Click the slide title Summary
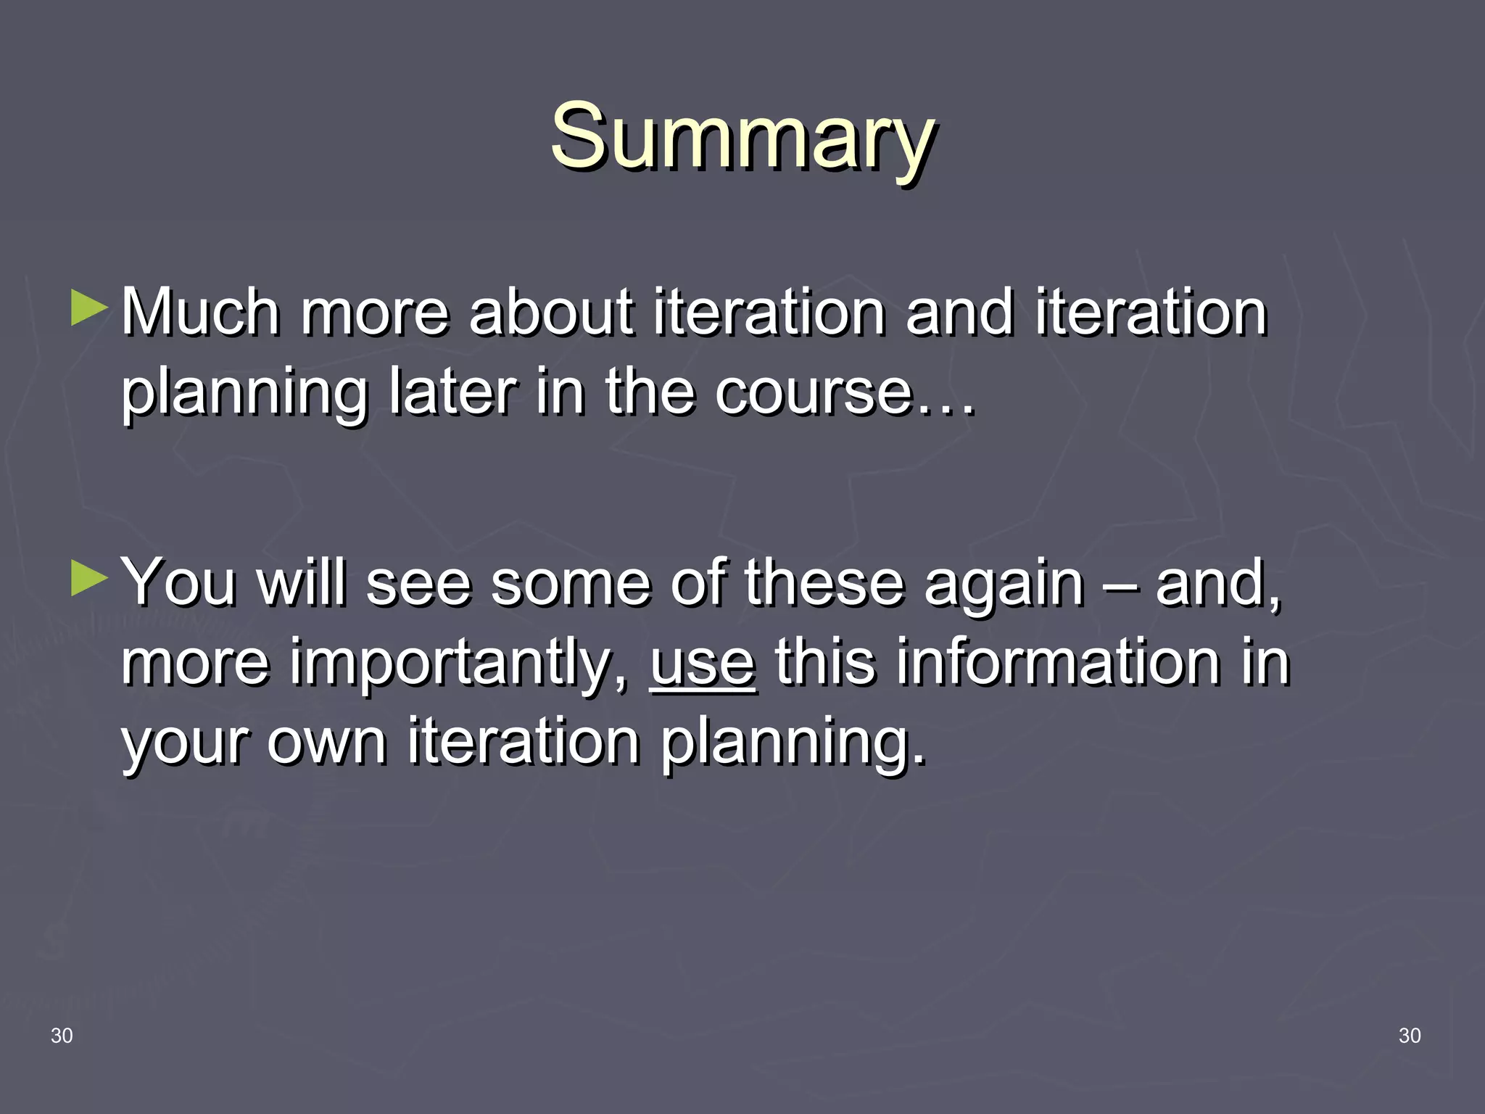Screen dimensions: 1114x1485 click(x=742, y=136)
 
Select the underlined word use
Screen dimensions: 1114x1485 click(x=703, y=663)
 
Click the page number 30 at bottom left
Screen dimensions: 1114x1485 click(x=62, y=1036)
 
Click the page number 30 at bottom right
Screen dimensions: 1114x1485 click(x=1409, y=1036)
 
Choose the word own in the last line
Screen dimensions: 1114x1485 click(x=326, y=743)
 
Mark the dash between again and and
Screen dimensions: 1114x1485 click(x=1120, y=585)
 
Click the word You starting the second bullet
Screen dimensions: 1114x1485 click(x=178, y=583)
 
